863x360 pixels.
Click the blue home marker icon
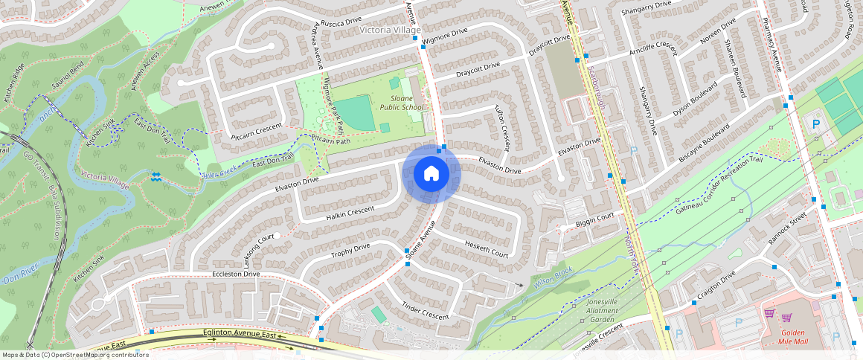click(431, 174)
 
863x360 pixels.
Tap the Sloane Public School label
click(402, 103)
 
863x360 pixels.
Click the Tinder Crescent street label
click(426, 311)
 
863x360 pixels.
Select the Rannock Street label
click(788, 229)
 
